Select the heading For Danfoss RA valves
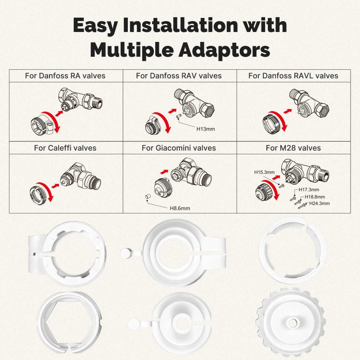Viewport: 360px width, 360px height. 65,76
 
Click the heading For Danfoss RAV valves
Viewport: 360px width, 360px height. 179,76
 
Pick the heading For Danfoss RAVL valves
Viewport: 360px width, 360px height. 293,76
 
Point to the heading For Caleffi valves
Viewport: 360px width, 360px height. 65,148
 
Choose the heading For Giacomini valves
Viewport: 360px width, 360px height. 179,148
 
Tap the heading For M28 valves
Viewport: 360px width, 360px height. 293,148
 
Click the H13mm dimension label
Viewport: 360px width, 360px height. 206,129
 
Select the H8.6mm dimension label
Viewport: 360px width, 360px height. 180,208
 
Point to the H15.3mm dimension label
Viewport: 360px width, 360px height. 264,172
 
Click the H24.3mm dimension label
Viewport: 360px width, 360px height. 319,203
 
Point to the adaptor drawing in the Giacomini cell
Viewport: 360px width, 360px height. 161,186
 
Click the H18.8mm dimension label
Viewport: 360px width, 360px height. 315,197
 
